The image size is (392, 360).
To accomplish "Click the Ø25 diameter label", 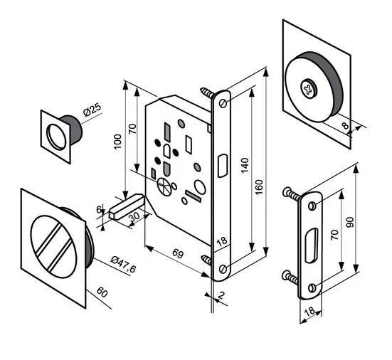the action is pos(92,110).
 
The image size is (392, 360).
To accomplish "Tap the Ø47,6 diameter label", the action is pos(123,264).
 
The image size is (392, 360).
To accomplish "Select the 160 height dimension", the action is pos(259,187).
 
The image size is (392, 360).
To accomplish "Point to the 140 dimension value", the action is pos(245,165).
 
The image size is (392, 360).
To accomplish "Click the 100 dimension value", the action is pos(117,142).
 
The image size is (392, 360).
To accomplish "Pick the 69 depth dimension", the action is pos(178,253).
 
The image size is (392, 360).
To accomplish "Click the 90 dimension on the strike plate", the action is pos(350,222).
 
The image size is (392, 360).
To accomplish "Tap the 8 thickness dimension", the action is pos(345,125).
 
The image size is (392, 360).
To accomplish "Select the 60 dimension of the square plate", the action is pos(102,292).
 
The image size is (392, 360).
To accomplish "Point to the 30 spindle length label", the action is pos(134,217).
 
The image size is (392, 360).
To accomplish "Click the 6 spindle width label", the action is pos(99,209).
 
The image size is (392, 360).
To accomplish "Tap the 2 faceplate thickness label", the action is pos(221,295).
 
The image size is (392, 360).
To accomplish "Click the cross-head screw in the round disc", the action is pos(309,89).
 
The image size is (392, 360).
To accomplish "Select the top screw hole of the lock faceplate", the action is pos(223,103).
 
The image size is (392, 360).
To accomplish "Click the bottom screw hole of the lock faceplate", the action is pos(223,269).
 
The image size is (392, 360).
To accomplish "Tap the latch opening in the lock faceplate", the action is pos(223,166).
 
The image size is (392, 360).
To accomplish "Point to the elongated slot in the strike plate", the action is pos(312,245).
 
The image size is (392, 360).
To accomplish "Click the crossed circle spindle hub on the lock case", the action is pos(164,186).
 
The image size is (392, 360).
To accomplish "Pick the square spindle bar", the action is pos(126,207).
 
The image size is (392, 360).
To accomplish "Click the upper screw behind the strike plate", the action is pos(292,194).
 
